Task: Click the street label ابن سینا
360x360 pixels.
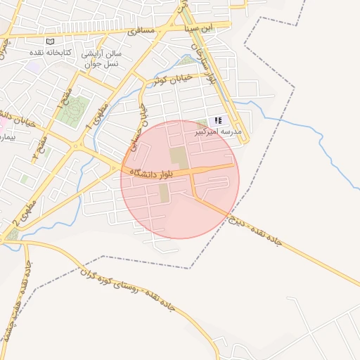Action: point(197,28)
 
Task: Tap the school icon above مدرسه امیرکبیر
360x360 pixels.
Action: point(218,121)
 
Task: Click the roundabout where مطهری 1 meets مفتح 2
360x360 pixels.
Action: point(76,147)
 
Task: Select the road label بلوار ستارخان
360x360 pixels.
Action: point(202,61)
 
